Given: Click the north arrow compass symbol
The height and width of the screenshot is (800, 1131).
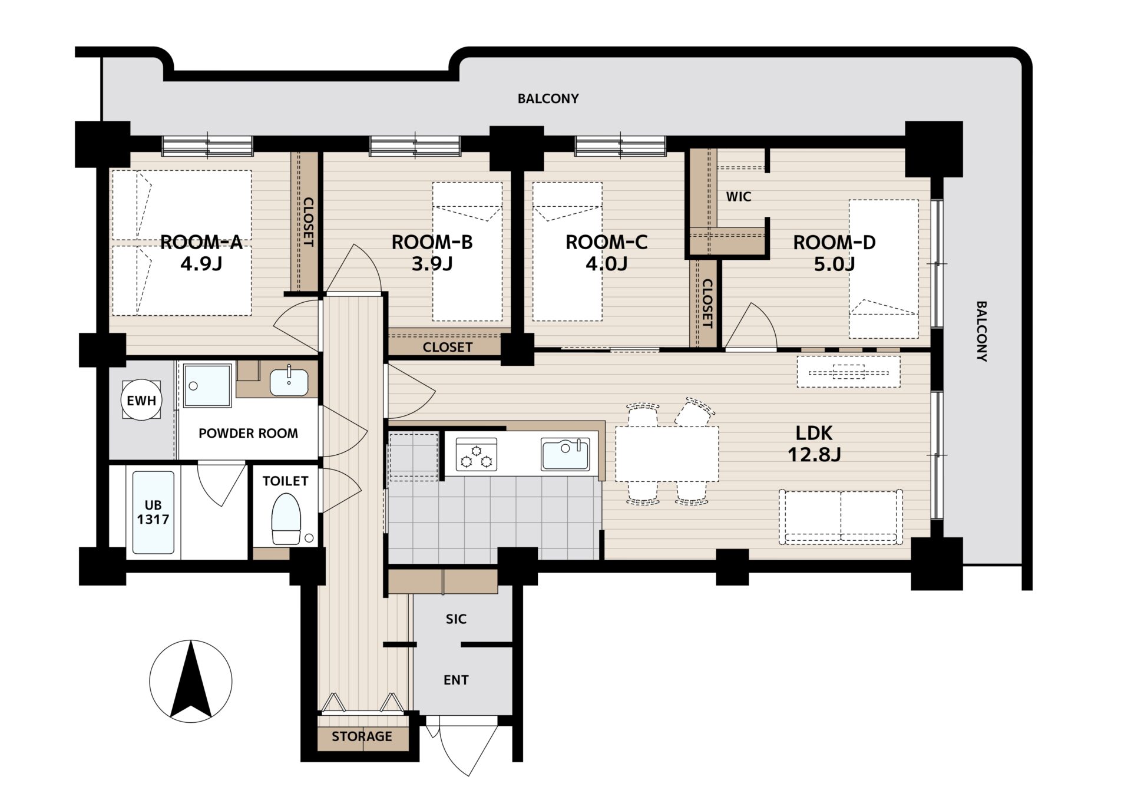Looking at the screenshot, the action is pyautogui.click(x=191, y=682).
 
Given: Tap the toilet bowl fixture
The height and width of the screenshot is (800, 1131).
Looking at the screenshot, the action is pyautogui.click(x=286, y=519).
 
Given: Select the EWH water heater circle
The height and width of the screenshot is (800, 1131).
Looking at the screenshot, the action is pyautogui.click(x=141, y=401).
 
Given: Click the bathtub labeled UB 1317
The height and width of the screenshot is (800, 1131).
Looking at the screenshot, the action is pyautogui.click(x=153, y=512).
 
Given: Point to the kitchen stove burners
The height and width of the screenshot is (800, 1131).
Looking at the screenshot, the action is pyautogui.click(x=477, y=455).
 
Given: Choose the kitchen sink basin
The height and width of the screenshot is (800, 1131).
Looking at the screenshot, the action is pyautogui.click(x=565, y=454).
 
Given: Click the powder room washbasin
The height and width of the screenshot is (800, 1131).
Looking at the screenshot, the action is pyautogui.click(x=289, y=382).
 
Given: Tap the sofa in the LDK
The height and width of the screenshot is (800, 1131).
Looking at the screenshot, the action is pyautogui.click(x=841, y=517).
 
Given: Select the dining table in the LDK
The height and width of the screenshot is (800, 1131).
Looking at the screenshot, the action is pyautogui.click(x=667, y=454).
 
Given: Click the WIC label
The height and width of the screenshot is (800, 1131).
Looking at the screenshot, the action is pyautogui.click(x=739, y=197).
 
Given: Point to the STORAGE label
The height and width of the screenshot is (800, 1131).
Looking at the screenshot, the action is pyautogui.click(x=362, y=736).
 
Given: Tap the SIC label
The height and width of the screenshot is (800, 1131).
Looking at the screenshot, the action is pyautogui.click(x=456, y=619).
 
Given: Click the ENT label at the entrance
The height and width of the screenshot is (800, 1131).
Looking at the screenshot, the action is pyautogui.click(x=456, y=680).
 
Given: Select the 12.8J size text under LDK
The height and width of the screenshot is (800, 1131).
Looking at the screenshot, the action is pyautogui.click(x=814, y=454).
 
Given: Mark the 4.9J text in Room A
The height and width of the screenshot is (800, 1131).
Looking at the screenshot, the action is pyautogui.click(x=201, y=263).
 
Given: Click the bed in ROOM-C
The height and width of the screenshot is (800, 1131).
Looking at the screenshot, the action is pyautogui.click(x=567, y=252).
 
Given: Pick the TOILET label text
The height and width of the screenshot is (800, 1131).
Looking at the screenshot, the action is pyautogui.click(x=285, y=481).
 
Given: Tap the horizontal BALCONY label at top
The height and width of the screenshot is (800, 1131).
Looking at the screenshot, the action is pyautogui.click(x=548, y=99).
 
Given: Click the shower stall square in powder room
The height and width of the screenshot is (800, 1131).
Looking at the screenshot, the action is pyautogui.click(x=207, y=385).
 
